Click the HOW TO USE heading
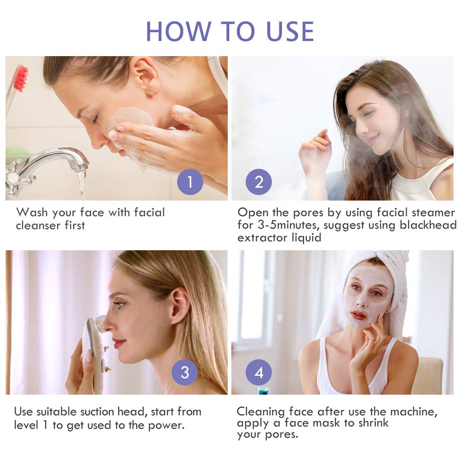click(x=230, y=31)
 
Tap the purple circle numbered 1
click(x=190, y=182)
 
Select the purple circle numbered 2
click(x=259, y=182)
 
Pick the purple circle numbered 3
click(x=184, y=372)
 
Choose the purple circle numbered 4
click(x=259, y=372)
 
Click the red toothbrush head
click(x=21, y=78)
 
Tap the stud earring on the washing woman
click(x=152, y=93)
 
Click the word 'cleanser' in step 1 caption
click(x=38, y=225)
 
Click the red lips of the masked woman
click(x=359, y=316)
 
